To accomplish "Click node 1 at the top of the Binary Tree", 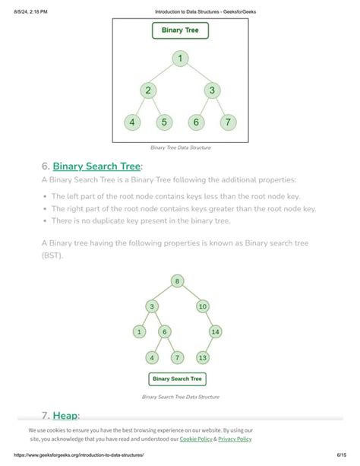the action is pos(180,58).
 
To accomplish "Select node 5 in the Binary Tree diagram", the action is pos(165,122).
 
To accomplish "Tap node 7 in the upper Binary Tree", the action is pos(227,122).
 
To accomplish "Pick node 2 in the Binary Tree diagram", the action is pos(149,90).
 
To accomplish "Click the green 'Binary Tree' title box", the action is pos(180,31).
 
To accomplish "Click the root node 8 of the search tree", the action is pos(178,281).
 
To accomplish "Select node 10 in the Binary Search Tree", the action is pos(203,306).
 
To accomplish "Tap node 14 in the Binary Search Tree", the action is pos(215,331).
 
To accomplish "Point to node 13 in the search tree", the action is pos(203,357).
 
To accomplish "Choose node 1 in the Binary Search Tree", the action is pos(140,331).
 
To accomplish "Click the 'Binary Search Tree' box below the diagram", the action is pos(177,379).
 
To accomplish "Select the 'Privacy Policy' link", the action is pos(235,439).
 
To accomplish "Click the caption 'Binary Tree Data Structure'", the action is pos(180,147).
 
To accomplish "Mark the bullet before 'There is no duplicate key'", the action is pos(46,221).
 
